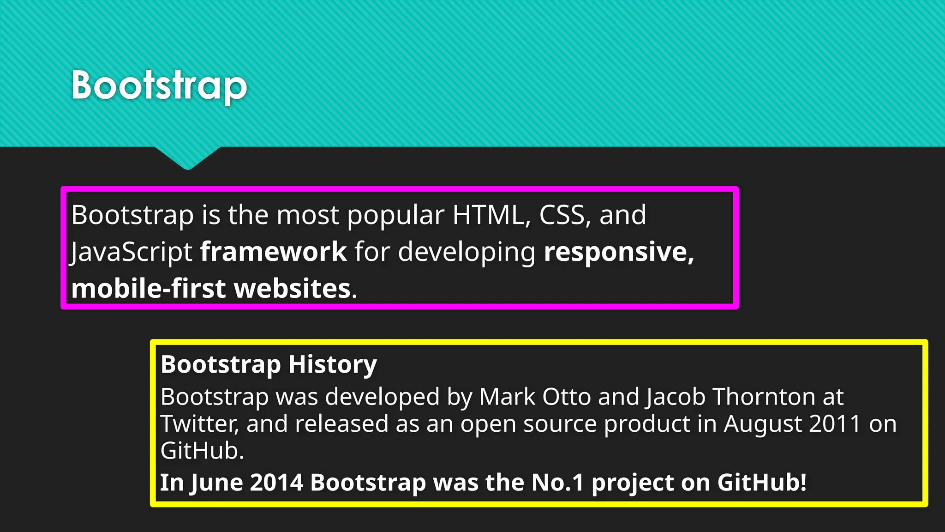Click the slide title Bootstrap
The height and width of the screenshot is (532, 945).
(x=159, y=86)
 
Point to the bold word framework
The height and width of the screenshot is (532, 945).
(x=273, y=252)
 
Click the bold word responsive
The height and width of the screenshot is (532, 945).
(x=618, y=252)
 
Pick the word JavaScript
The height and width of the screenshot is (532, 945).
(x=131, y=252)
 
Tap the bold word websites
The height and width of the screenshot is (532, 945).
(x=293, y=289)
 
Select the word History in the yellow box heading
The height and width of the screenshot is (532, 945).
(x=332, y=365)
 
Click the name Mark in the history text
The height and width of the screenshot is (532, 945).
(x=507, y=397)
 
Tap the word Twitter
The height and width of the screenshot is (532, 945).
(x=199, y=424)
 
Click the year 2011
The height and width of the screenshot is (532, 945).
(x=835, y=424)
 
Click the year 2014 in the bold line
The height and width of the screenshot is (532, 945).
(x=276, y=483)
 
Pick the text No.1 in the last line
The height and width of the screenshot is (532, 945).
(x=557, y=483)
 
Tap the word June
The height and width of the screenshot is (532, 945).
(x=216, y=483)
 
